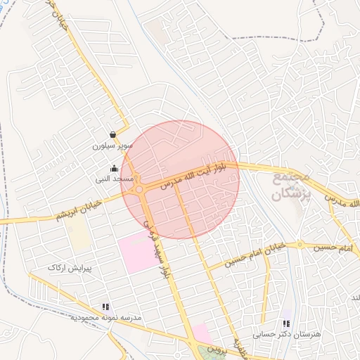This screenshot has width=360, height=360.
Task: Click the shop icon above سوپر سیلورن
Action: [113, 135]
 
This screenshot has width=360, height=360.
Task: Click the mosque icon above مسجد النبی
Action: [114, 168]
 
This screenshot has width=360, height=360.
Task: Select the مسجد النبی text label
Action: [115, 179]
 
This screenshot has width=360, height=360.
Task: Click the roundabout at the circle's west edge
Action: [139, 188]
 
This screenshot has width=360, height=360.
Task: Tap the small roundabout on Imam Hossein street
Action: [300, 245]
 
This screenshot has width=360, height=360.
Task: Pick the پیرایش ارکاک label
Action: [66, 268]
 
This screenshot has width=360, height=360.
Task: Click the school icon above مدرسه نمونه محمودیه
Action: [105, 307]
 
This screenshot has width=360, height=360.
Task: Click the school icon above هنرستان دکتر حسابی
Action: [285, 323]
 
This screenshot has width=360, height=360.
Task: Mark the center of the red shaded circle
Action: [180, 179]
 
